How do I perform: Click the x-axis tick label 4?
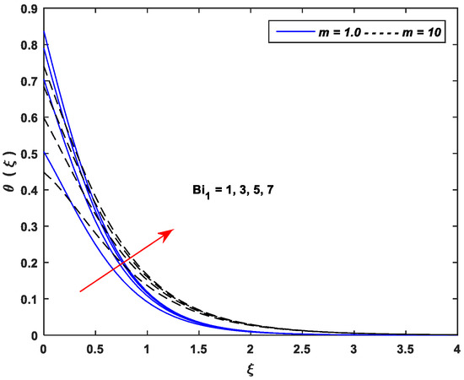click(456, 348)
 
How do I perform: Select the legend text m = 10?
click(418, 31)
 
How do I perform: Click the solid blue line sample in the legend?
click(286, 31)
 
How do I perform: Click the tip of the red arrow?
click(175, 228)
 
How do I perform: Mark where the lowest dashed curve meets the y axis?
click(43, 173)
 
